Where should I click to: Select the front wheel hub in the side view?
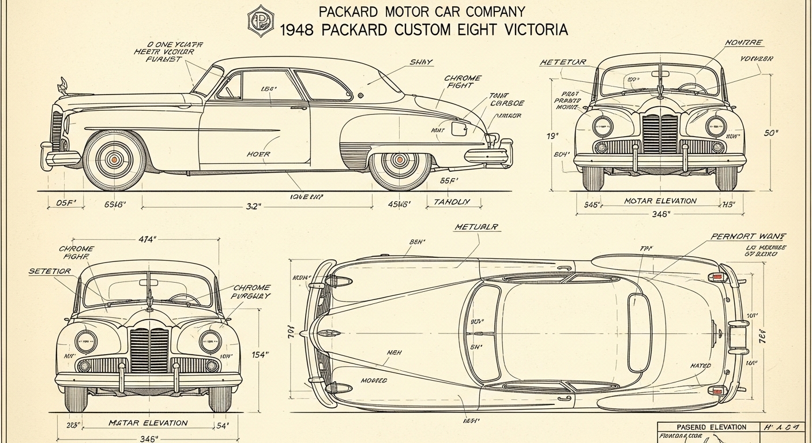[x=114, y=159]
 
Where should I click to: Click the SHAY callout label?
[x=421, y=62]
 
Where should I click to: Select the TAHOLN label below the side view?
[x=451, y=202]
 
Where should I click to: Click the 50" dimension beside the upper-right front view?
[x=770, y=133]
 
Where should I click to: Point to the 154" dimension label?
[x=260, y=355]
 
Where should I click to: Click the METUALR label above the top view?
[x=477, y=227]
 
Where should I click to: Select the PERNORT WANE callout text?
[x=749, y=236]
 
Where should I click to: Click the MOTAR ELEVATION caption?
[x=660, y=201]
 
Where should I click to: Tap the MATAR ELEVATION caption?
[x=148, y=423]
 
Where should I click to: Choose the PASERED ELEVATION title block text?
[x=711, y=427]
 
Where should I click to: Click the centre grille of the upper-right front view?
[x=660, y=133]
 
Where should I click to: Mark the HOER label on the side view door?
[x=258, y=154]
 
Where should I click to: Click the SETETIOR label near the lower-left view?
[x=50, y=271]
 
